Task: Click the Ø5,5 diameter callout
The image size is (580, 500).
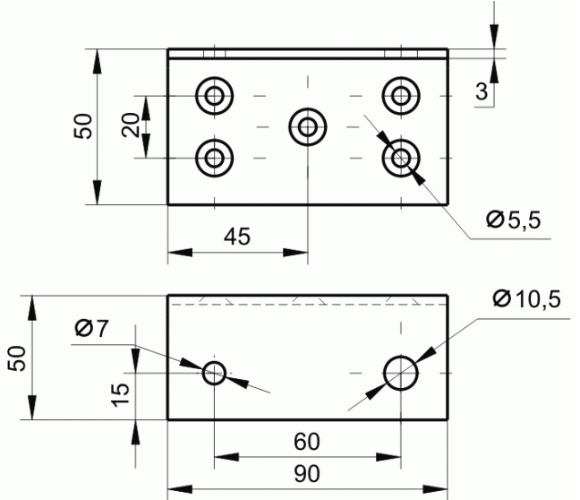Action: click(x=513, y=220)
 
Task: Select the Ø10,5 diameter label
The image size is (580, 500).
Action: click(x=526, y=299)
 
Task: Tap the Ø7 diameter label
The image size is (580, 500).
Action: click(x=91, y=328)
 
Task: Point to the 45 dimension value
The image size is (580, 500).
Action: click(x=237, y=237)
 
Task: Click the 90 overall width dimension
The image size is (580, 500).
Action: click(x=307, y=474)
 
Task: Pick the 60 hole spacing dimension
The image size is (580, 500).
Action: click(x=307, y=442)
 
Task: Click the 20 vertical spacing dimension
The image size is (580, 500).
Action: click(x=131, y=125)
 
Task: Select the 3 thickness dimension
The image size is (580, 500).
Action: click(x=482, y=91)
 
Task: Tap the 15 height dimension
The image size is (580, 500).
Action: click(x=121, y=395)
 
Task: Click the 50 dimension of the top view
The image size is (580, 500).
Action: click(x=82, y=126)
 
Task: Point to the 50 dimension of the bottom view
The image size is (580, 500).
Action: click(x=17, y=358)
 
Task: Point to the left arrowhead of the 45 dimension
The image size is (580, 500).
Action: click(x=180, y=253)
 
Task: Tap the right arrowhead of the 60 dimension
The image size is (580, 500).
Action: click(x=388, y=457)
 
